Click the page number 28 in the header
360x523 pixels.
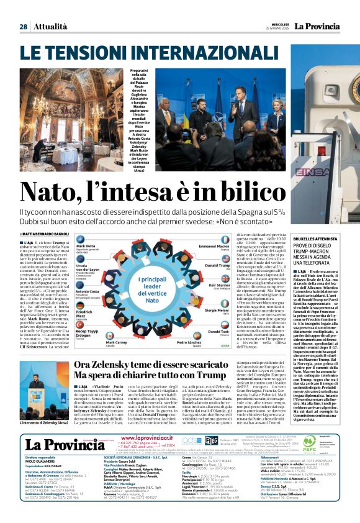point(23,27)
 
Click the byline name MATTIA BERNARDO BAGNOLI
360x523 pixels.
point(46,234)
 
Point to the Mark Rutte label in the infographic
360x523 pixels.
point(87,247)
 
